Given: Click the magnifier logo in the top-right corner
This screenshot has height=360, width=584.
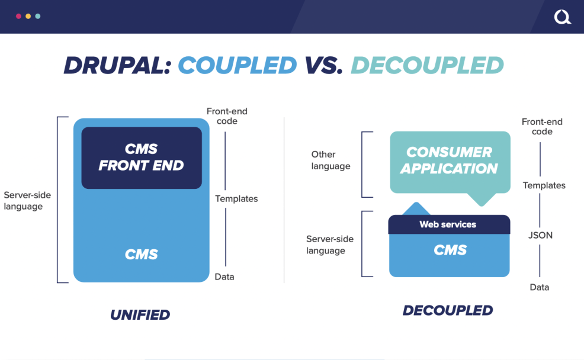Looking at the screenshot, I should [x=562, y=17].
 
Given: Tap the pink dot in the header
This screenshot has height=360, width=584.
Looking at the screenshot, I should [x=18, y=17].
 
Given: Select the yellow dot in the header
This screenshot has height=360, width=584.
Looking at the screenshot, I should [x=28, y=17].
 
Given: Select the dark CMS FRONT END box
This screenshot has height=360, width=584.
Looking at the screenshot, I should [x=142, y=157].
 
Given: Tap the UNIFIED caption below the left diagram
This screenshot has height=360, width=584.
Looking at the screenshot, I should [x=140, y=315].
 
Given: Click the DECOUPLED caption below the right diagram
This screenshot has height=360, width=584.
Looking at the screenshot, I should [x=448, y=310].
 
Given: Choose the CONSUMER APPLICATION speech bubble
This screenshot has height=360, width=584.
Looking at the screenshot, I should [x=449, y=160].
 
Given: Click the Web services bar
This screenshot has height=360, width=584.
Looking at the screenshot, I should [x=448, y=224].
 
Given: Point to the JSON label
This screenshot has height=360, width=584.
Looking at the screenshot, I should [x=540, y=235].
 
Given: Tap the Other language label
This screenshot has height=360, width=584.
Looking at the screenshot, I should [x=330, y=160].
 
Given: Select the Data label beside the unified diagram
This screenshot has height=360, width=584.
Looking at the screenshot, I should [x=224, y=277].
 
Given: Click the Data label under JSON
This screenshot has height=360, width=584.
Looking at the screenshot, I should [x=539, y=287].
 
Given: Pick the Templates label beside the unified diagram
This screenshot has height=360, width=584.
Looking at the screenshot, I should [x=236, y=199].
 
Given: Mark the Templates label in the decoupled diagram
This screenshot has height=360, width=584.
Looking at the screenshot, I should [x=544, y=185].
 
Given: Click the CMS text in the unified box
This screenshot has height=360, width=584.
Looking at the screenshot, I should [x=142, y=255].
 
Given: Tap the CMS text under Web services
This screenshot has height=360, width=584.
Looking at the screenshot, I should [x=450, y=250].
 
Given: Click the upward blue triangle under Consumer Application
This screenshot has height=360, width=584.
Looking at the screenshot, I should [x=418, y=209].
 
